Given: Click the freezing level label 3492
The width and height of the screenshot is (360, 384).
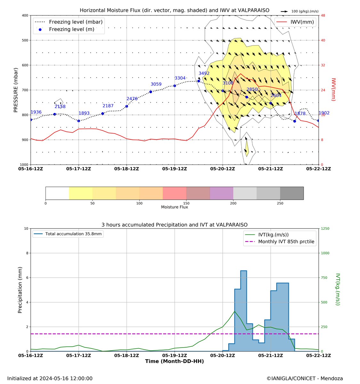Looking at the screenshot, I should pos(204,73).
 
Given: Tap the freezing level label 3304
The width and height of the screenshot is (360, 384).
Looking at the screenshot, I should pos(180,78).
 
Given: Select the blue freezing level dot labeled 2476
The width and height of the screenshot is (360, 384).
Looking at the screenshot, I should pos(127,106).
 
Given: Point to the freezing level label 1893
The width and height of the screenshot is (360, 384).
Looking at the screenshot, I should pos(84,113).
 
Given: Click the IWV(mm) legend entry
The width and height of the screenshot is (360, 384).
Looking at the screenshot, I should pos(295,22).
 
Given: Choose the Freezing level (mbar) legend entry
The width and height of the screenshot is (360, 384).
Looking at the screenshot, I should pos(68,22).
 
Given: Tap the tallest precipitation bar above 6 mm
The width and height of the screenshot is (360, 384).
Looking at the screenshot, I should pos(244,310).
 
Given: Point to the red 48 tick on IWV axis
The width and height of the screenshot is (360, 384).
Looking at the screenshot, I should pos(323,15).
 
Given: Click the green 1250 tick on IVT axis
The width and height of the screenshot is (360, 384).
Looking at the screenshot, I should pos(325,228).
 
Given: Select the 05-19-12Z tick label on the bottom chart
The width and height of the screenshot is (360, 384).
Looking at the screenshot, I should pos(175,356).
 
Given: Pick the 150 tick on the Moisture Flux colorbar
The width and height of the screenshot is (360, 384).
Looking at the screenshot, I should pos(186,203).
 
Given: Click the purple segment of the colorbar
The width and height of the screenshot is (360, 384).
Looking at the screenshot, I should pos(221,193).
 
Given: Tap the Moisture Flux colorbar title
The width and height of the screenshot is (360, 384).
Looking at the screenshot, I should pos(174,207).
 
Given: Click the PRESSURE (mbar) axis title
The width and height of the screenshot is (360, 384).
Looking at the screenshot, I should pos(16,90).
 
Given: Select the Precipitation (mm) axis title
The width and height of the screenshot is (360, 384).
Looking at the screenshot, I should pos(20,290).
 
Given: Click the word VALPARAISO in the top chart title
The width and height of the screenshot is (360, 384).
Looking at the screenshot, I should pos(251,11).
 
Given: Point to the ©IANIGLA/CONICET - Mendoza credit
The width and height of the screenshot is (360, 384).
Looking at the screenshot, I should pos(305,378).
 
